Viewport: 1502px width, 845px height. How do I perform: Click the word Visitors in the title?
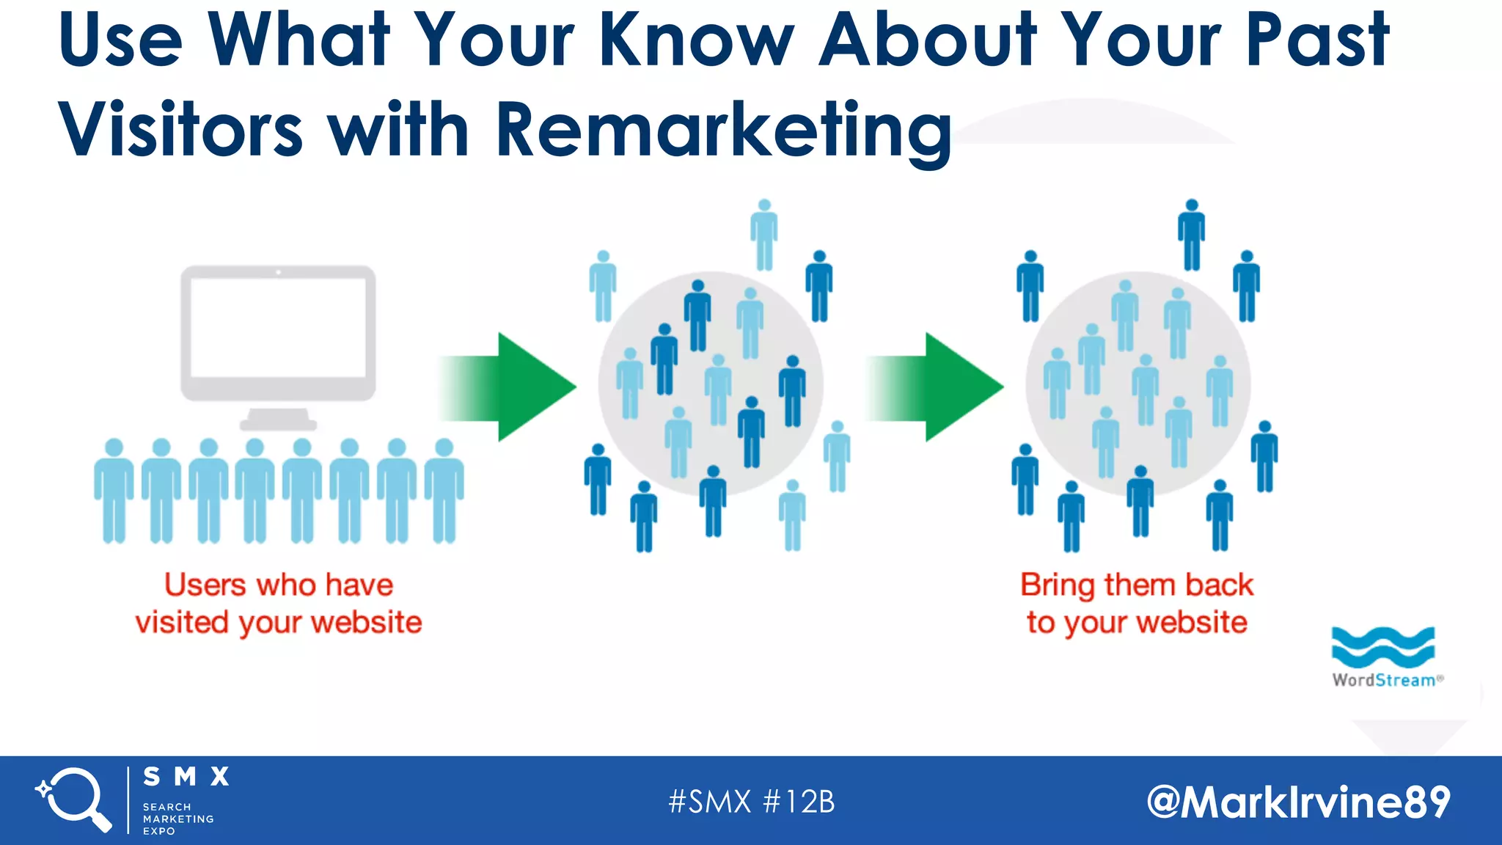[180, 131]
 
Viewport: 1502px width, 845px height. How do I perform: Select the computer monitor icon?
[279, 345]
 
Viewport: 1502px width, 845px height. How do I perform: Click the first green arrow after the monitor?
[513, 387]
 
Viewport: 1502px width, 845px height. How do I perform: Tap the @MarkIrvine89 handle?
[1298, 802]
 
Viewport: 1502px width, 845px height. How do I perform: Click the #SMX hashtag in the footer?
[709, 802]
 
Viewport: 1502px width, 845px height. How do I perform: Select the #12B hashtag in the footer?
[799, 802]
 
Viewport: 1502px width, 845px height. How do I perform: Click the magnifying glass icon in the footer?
[73, 800]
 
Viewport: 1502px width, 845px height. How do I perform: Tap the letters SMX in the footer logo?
[186, 776]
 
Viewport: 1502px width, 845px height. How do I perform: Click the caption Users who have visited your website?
[279, 604]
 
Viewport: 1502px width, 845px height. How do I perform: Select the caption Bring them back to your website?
[1137, 604]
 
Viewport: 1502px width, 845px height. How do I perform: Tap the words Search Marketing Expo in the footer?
[178, 819]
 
